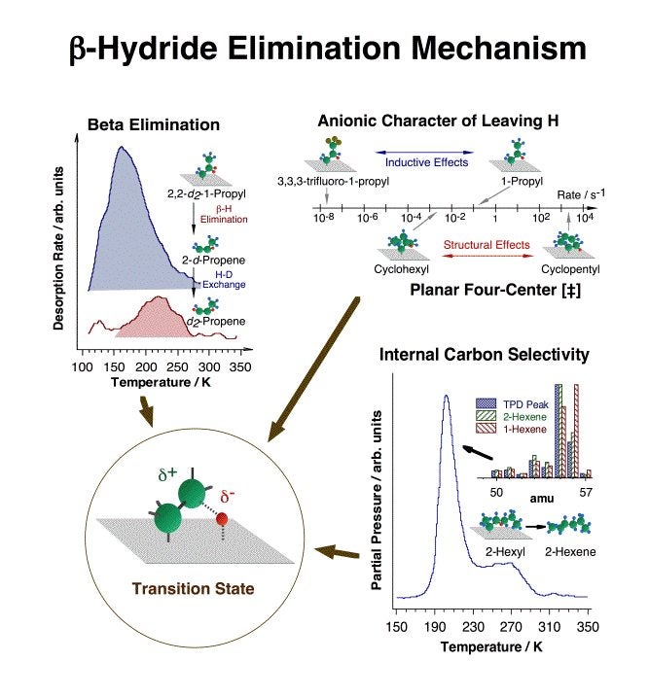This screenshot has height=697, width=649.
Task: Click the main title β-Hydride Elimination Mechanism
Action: pyautogui.click(x=324, y=50)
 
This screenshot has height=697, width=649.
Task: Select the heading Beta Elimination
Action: pyautogui.click(x=154, y=125)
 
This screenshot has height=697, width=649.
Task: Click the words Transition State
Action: pyautogui.click(x=185, y=589)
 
